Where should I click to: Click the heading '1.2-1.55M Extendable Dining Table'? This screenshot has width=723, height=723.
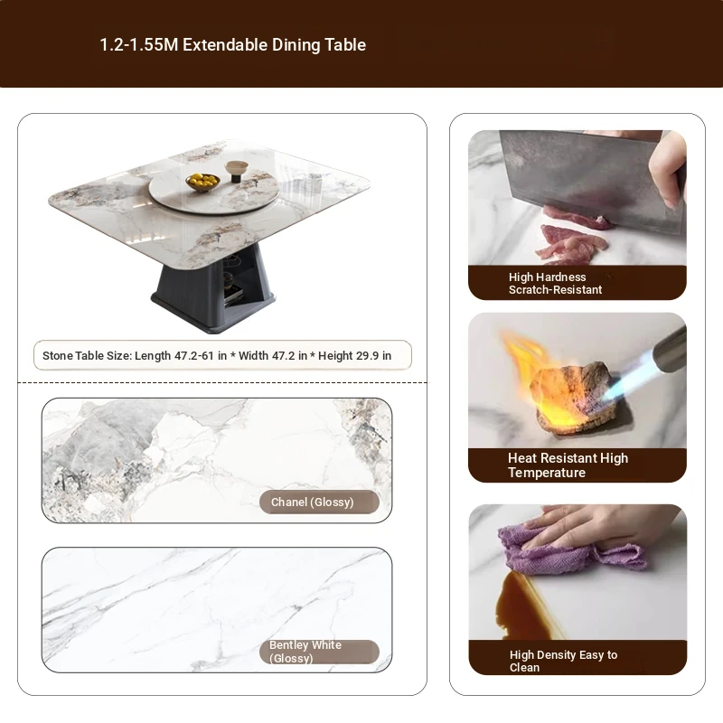pos(232,44)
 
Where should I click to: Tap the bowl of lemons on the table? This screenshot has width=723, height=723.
pos(202,182)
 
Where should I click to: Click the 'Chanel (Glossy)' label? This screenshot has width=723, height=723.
pos(312,502)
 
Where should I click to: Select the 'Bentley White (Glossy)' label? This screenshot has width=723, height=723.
pos(305,652)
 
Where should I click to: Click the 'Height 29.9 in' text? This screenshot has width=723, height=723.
pos(354,355)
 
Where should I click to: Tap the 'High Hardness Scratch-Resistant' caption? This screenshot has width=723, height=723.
pos(555,283)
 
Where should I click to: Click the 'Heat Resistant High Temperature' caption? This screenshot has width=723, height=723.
pos(568,465)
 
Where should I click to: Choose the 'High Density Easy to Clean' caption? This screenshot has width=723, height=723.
pos(563,661)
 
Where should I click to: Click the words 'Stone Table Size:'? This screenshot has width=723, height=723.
pos(87,355)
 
